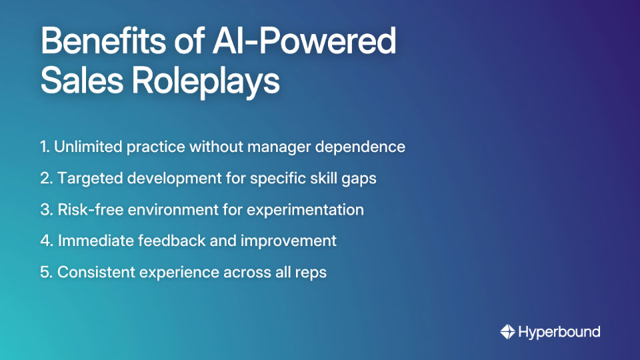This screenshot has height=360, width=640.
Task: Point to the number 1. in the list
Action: pos(45,147)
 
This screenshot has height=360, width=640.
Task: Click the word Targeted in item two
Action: pos(89,179)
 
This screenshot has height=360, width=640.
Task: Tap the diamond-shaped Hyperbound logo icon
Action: pos(507,331)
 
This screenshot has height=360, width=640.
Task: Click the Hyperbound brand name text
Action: pos(559,331)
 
